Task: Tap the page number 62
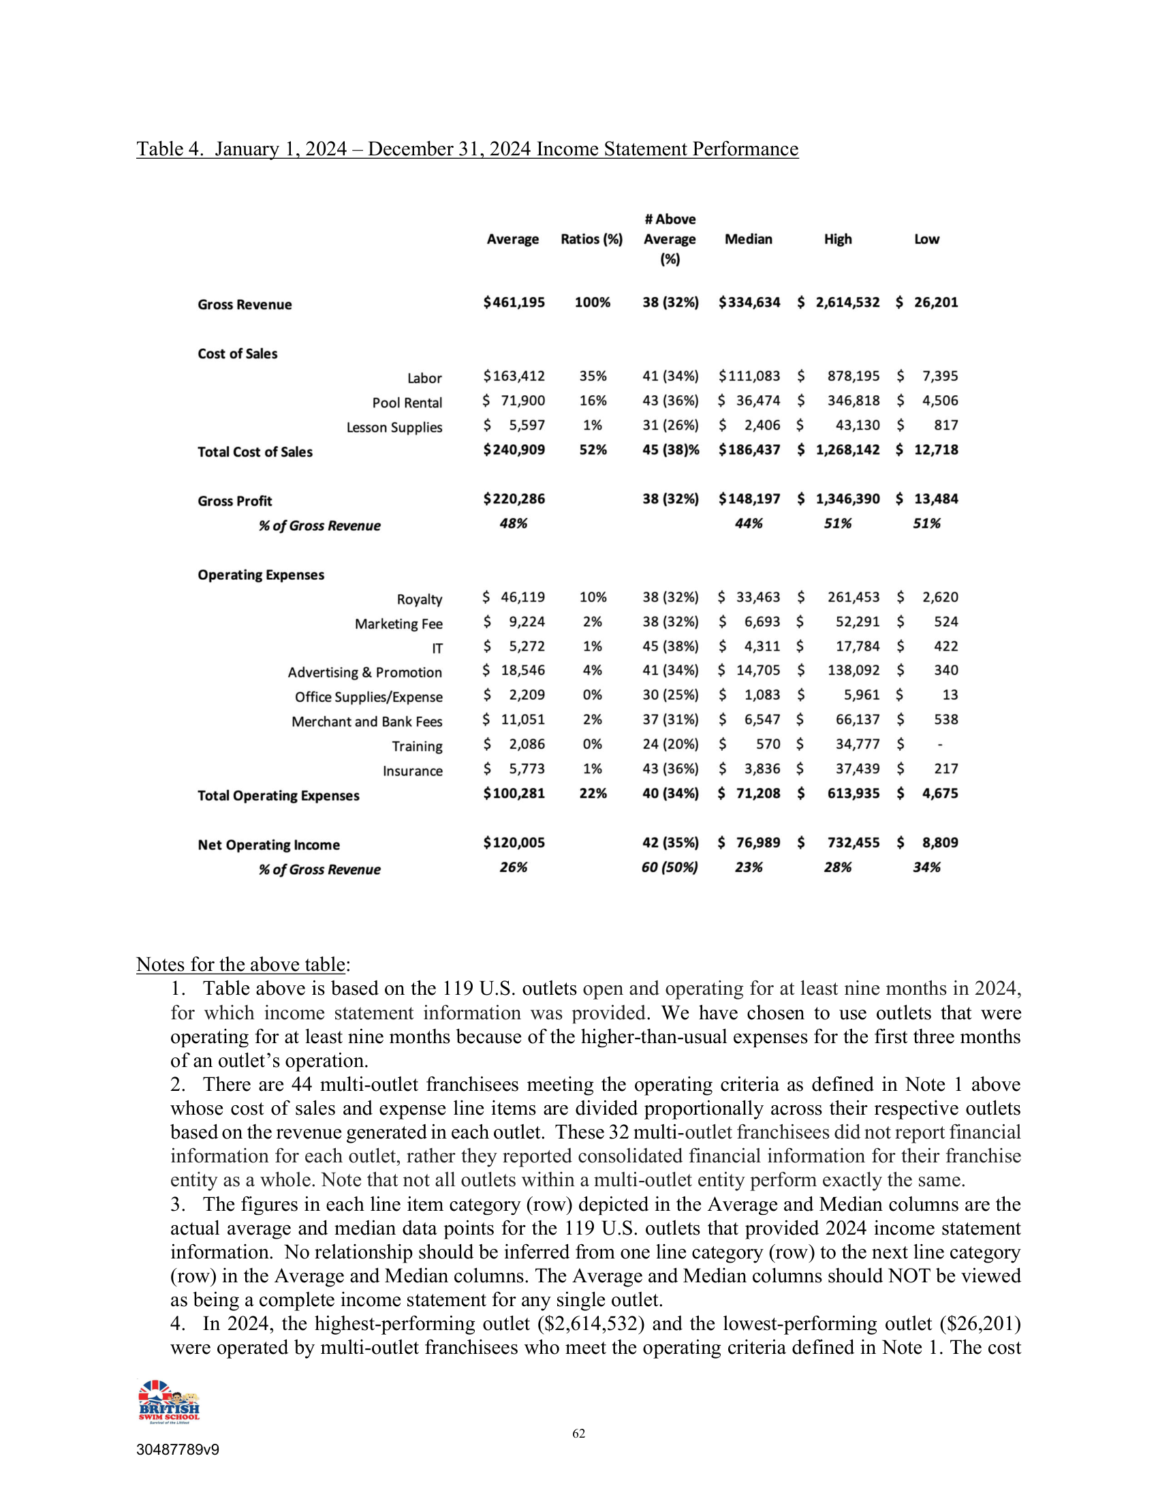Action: [x=579, y=1434]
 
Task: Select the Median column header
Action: [x=749, y=240]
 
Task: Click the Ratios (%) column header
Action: [x=591, y=240]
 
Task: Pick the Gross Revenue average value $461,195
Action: [x=514, y=303]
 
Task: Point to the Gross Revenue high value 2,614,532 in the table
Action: [x=847, y=303]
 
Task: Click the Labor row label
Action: [x=424, y=378]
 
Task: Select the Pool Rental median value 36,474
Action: [x=758, y=401]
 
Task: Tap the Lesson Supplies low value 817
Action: [x=945, y=426]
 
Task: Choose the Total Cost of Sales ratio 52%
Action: [x=593, y=450]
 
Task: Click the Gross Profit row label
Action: [x=234, y=501]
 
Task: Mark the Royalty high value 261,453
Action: [x=853, y=597]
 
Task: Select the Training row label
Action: [x=416, y=746]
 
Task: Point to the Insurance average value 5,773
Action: [x=526, y=769]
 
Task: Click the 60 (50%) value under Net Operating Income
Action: [x=670, y=867]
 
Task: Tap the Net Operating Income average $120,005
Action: [x=514, y=843]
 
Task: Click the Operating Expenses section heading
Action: [x=261, y=575]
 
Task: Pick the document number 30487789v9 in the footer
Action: [x=178, y=1450]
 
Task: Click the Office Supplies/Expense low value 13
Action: [x=950, y=695]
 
